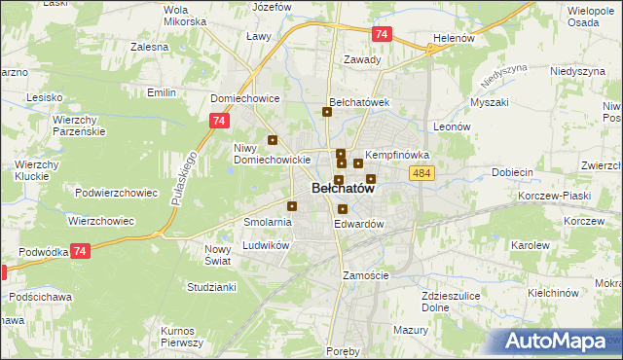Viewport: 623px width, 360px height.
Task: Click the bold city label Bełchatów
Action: (x=343, y=191)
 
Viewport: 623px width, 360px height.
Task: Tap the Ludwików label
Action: (x=266, y=246)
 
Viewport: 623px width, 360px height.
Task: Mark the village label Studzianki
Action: (x=211, y=287)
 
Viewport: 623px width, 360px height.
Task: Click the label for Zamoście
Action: (x=366, y=275)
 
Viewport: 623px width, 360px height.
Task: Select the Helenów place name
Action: (x=453, y=39)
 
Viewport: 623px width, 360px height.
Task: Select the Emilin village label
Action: (x=161, y=92)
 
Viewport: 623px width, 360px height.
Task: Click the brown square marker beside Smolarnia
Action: (x=292, y=205)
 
